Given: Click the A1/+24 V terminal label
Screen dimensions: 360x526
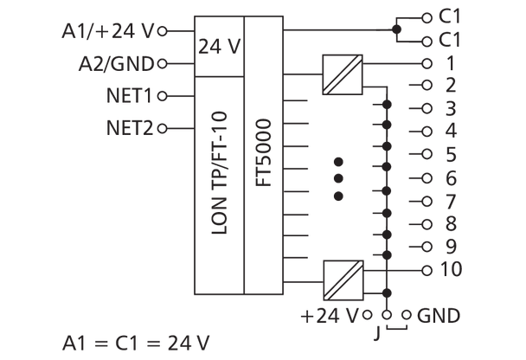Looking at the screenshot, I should (108, 32).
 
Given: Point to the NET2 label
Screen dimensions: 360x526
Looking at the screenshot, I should (129, 127).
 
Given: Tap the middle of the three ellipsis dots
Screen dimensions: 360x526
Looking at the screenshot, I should (338, 178).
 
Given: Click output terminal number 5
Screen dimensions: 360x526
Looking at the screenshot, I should (450, 155).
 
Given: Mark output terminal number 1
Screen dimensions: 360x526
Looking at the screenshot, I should (450, 63).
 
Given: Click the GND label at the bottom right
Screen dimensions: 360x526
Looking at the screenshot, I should (438, 313).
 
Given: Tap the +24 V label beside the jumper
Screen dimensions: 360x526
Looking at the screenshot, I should (331, 313).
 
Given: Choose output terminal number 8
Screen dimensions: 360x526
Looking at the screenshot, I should (450, 223).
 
